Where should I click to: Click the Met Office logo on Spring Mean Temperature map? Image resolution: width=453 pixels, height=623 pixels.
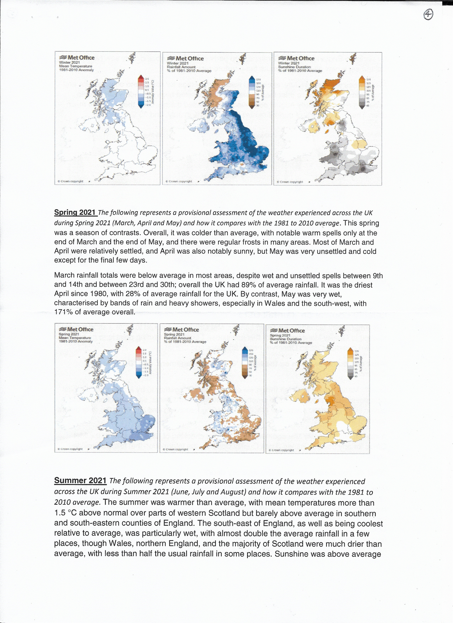point(76,329)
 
